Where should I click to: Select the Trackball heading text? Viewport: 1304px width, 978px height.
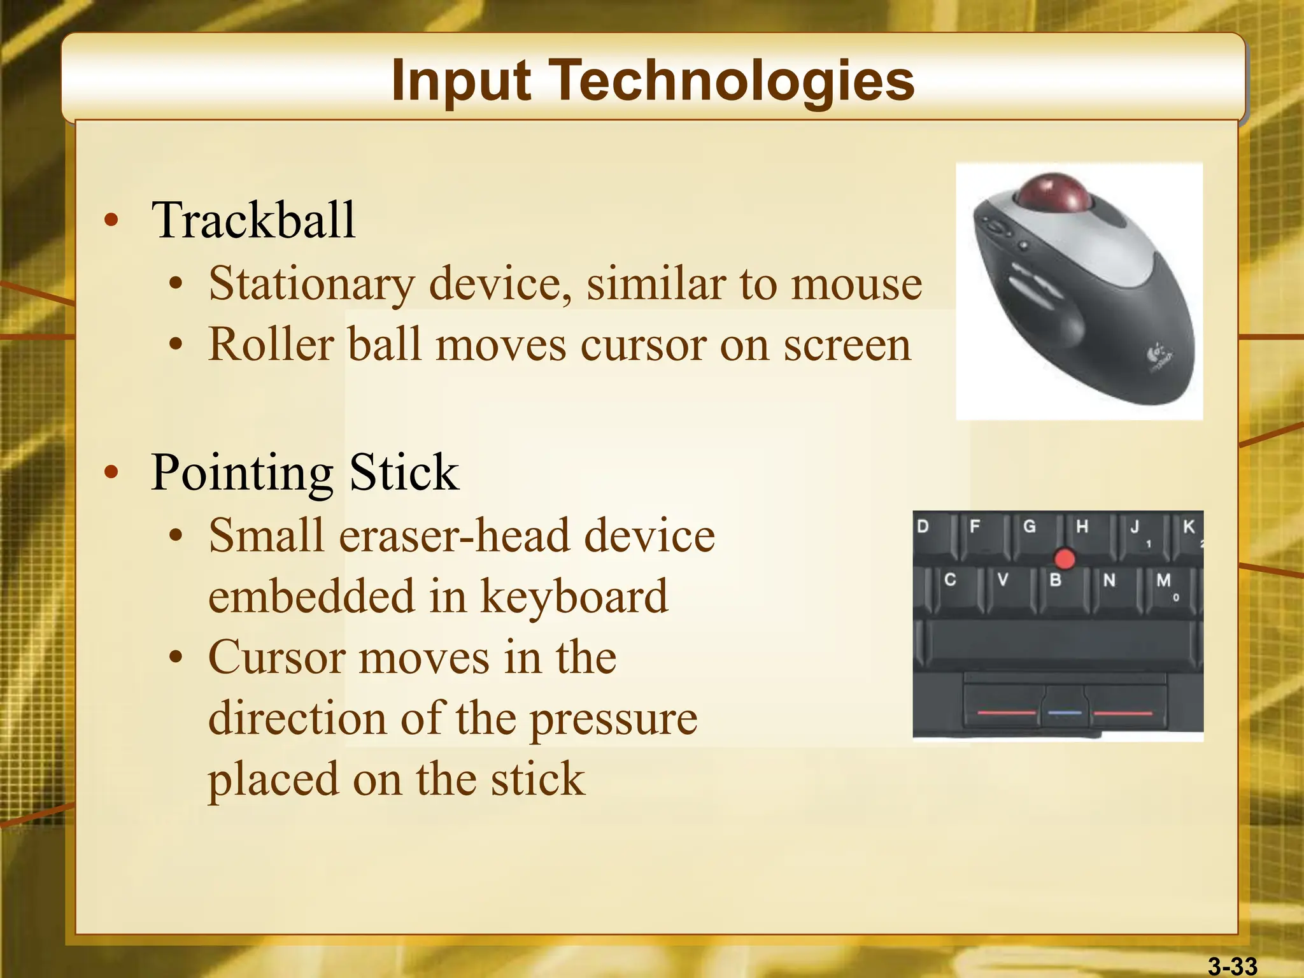[253, 220]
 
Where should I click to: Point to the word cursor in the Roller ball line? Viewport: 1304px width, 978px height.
[643, 346]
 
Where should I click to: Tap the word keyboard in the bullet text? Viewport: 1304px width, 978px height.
[574, 597]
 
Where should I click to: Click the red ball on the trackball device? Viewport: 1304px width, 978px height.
[1053, 192]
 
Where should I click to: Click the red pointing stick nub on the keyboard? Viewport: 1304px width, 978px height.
[1065, 559]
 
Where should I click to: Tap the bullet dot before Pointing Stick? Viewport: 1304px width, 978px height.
[111, 472]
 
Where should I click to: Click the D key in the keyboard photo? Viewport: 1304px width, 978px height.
[925, 531]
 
